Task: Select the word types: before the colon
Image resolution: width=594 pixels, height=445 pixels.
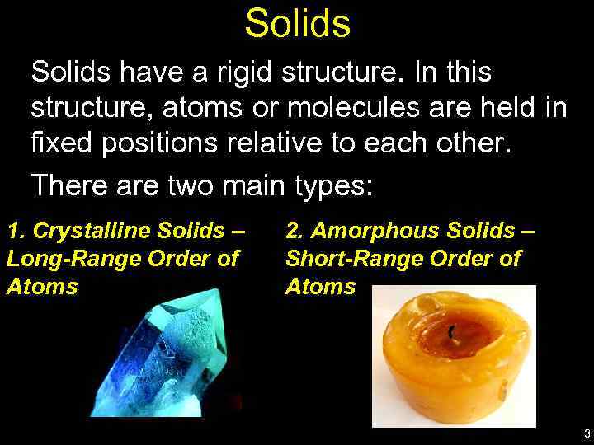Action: pyautogui.click(x=333, y=185)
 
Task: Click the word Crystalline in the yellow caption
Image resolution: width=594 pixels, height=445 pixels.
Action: pyautogui.click(x=92, y=231)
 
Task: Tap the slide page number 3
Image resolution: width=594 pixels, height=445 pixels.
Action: pyautogui.click(x=586, y=433)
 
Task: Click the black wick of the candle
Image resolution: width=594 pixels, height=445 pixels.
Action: pyautogui.click(x=450, y=332)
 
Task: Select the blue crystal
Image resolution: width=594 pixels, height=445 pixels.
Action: pyautogui.click(x=173, y=354)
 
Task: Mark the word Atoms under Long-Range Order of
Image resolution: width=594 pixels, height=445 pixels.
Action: pyautogui.click(x=42, y=287)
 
